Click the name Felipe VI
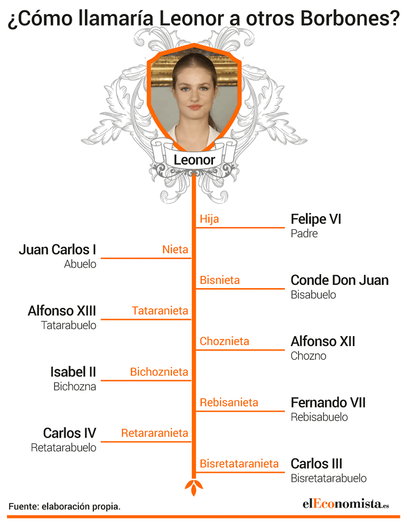click(316, 219)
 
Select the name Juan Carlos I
click(57, 250)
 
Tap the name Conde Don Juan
click(339, 280)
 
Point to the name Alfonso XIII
click(62, 311)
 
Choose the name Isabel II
click(73, 372)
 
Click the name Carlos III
click(317, 463)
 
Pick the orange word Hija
click(209, 219)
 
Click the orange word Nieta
click(175, 250)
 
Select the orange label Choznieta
click(224, 341)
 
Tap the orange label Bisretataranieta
click(239, 463)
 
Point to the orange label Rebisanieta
click(229, 403)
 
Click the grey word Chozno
click(309, 356)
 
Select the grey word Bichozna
click(75, 386)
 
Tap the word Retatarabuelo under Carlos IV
click(64, 447)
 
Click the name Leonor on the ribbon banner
click(194, 160)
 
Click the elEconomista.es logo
click(346, 504)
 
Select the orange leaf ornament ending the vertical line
click(194, 488)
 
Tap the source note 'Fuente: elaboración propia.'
click(64, 507)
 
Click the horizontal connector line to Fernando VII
click(240, 411)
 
